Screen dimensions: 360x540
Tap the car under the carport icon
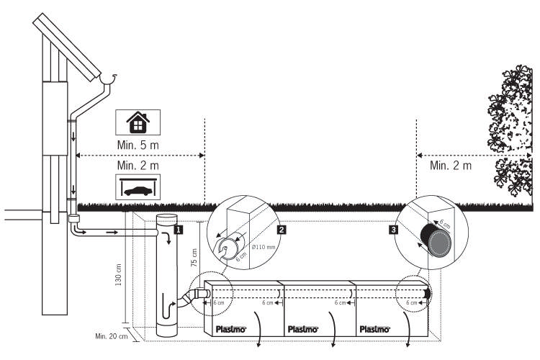pyautogui.click(x=138, y=189)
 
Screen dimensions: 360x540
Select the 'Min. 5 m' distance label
pyautogui.click(x=138, y=146)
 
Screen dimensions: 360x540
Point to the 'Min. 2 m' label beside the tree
pyautogui.click(x=451, y=166)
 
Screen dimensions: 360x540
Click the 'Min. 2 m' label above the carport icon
pyautogui.click(x=138, y=166)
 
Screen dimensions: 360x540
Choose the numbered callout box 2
pyautogui.click(x=282, y=230)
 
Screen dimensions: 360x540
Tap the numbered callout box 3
pyautogui.click(x=392, y=230)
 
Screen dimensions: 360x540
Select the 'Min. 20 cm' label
pyautogui.click(x=111, y=336)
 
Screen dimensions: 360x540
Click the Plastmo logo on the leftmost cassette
pyautogui.click(x=231, y=329)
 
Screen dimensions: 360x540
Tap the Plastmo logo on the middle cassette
pyautogui.click(x=302, y=329)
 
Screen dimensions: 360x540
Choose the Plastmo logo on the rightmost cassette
pyautogui.click(x=374, y=329)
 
